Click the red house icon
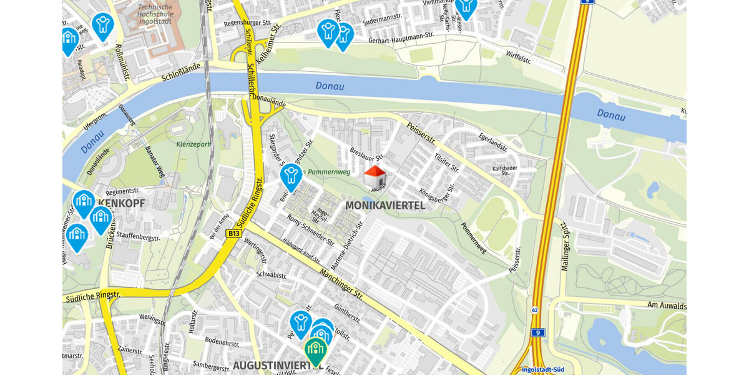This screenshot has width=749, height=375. (x=374, y=176)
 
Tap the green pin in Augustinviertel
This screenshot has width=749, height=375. (x=316, y=350)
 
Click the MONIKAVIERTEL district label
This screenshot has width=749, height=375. (x=384, y=205)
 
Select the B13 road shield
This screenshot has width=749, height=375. (x=234, y=234)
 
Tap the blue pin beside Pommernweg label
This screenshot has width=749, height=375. (x=291, y=176)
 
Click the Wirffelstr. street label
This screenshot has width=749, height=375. (x=519, y=58)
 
